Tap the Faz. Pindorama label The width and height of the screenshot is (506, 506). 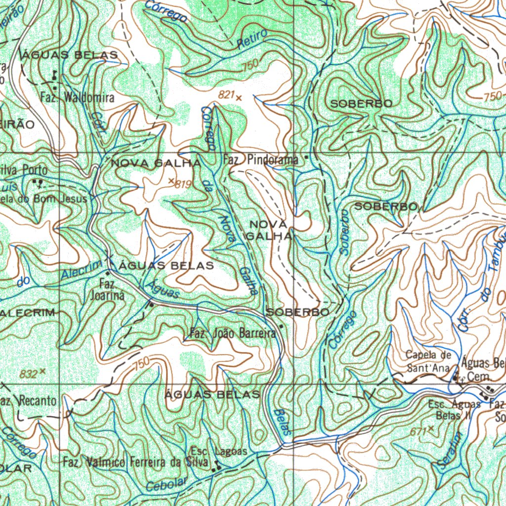point(260,160)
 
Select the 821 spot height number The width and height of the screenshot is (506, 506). point(225,95)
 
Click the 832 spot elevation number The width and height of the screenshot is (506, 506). point(29,374)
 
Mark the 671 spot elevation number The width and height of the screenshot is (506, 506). point(418,431)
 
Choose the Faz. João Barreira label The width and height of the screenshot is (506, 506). point(233,334)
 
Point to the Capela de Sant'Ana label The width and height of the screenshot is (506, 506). point(428,361)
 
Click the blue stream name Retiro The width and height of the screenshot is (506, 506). point(252,39)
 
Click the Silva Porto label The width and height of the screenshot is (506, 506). point(24,170)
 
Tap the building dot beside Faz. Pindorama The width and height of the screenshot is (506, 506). point(306,158)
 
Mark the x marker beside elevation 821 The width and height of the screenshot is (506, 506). point(239,98)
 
